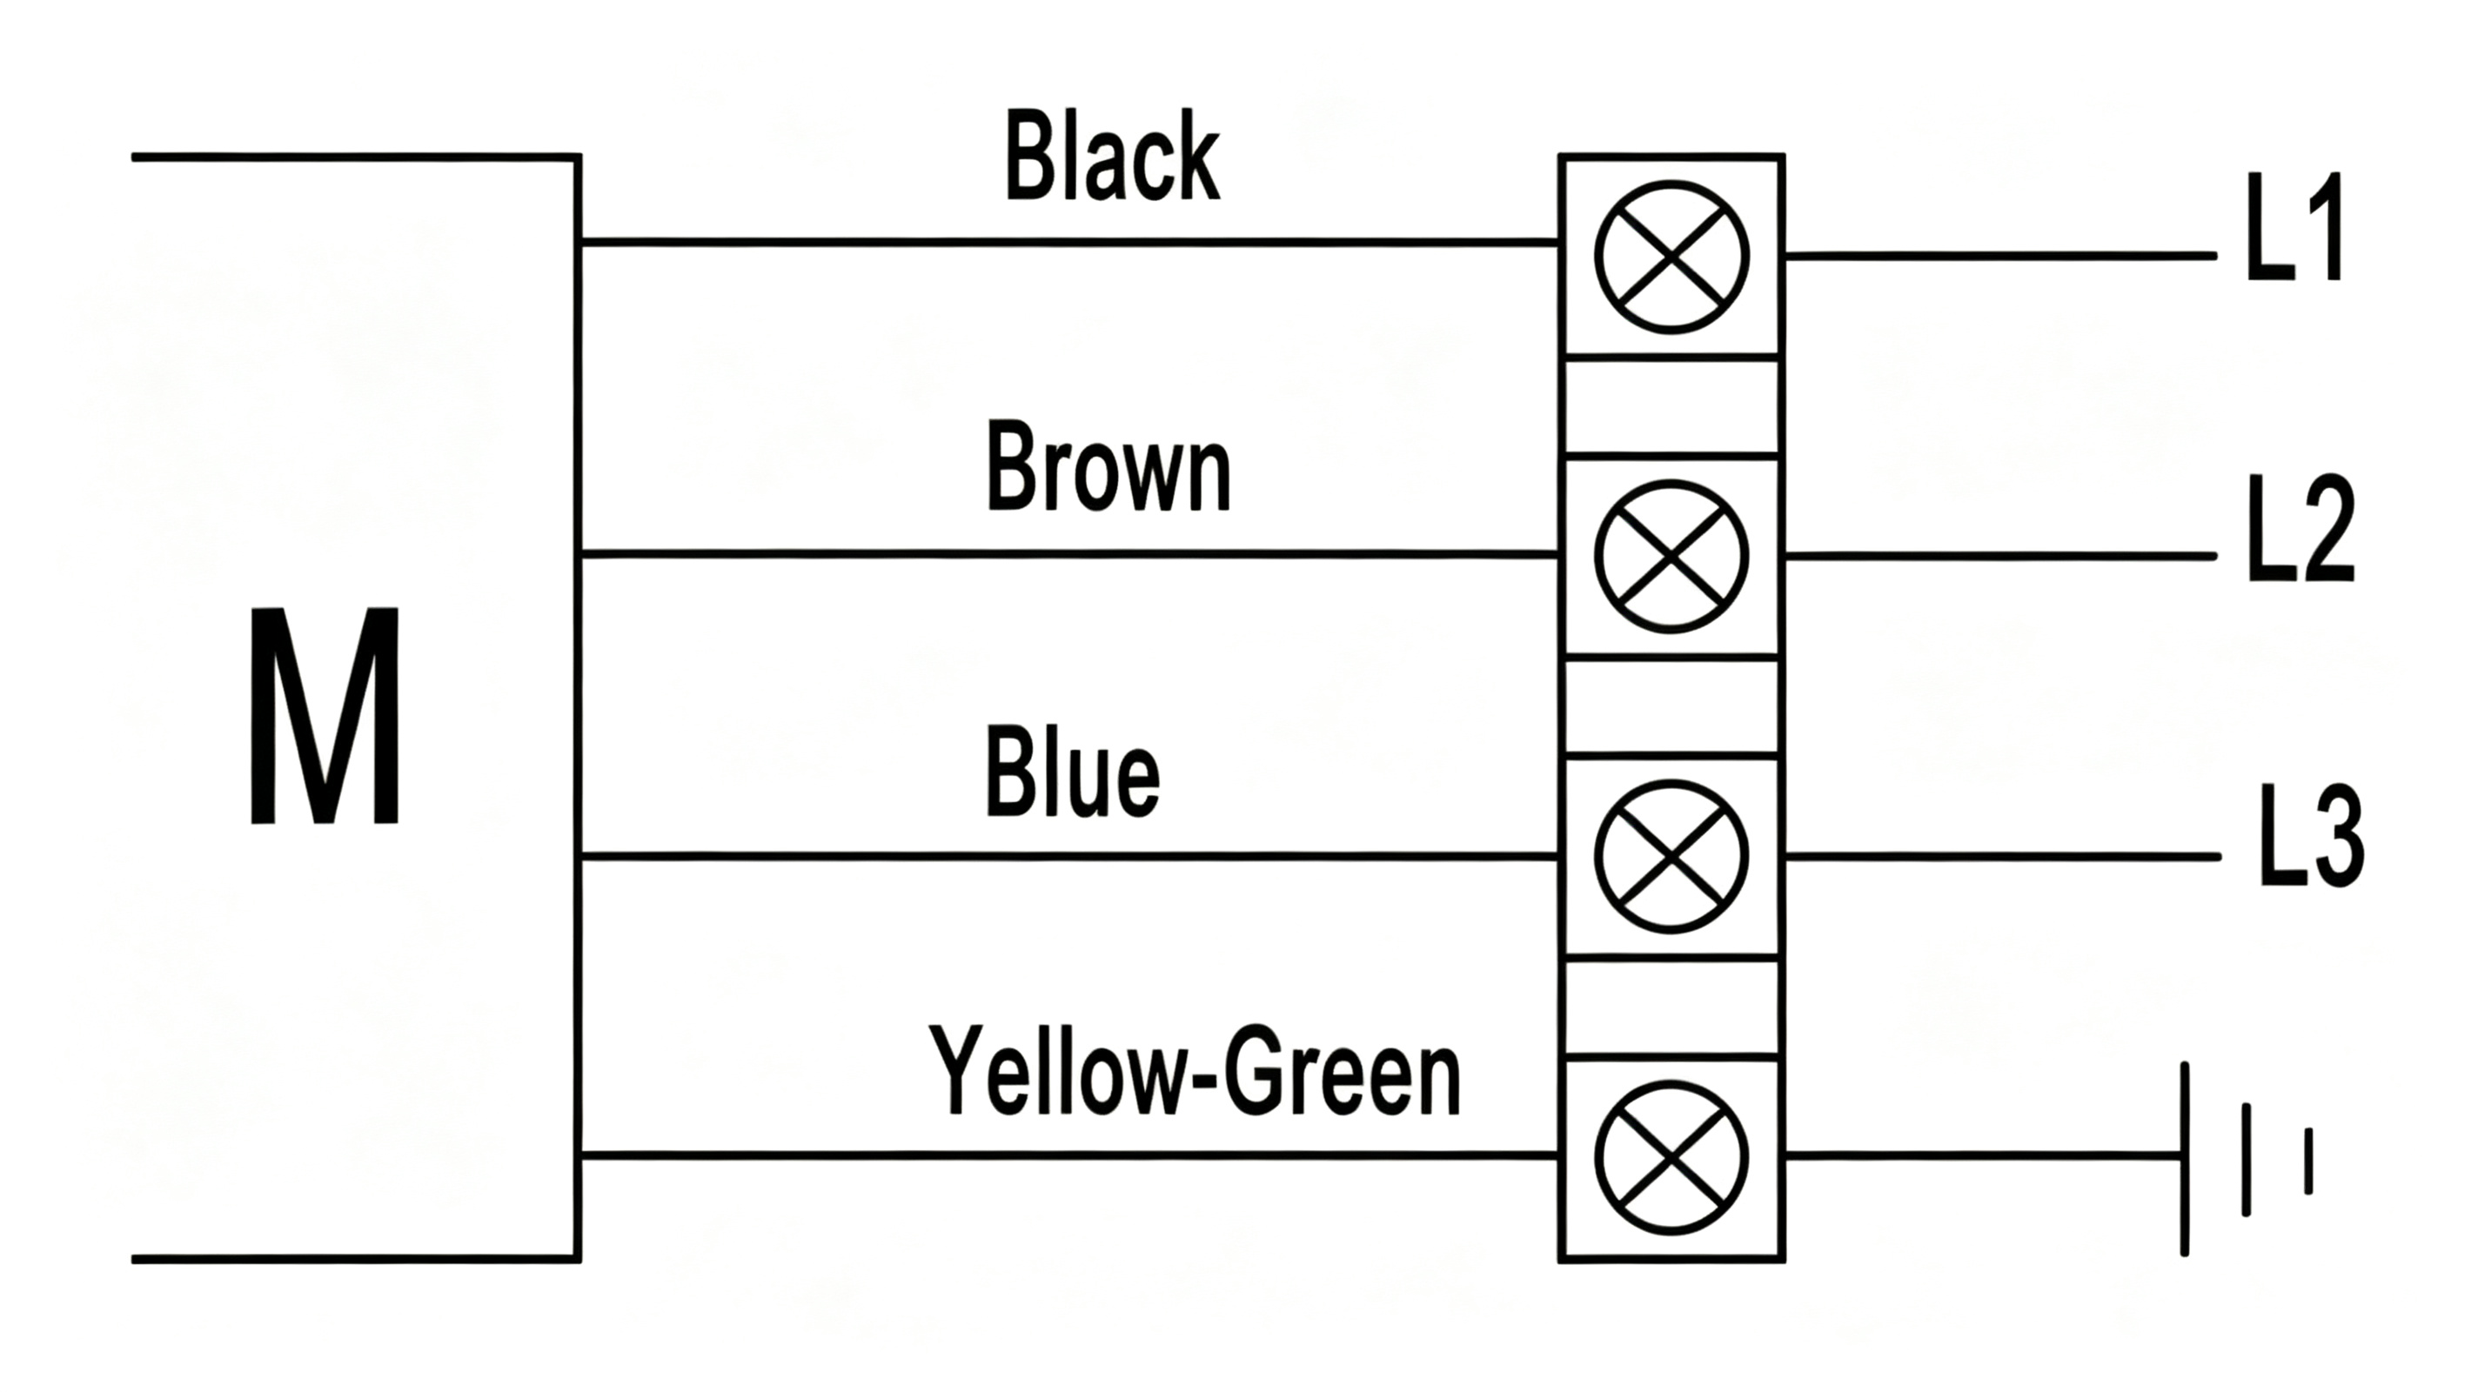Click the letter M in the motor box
click(x=325, y=715)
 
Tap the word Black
click(x=1112, y=156)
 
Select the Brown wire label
click(x=1108, y=467)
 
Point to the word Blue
click(x=1072, y=773)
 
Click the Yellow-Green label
click(x=1194, y=1071)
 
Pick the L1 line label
click(x=2295, y=227)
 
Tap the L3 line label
click(x=2311, y=834)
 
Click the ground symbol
click(x=2245, y=1158)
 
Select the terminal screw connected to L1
click(x=1671, y=257)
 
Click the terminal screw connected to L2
click(x=1671, y=556)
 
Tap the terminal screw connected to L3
click(x=1671, y=856)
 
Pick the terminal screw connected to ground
click(x=1671, y=1156)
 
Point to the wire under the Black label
click(x=1069, y=242)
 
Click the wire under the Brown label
click(x=1069, y=554)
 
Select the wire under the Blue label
click(x=1069, y=855)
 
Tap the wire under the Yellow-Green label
click(x=1069, y=1154)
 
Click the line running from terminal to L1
click(x=2001, y=256)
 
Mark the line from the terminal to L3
click(x=2003, y=856)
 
